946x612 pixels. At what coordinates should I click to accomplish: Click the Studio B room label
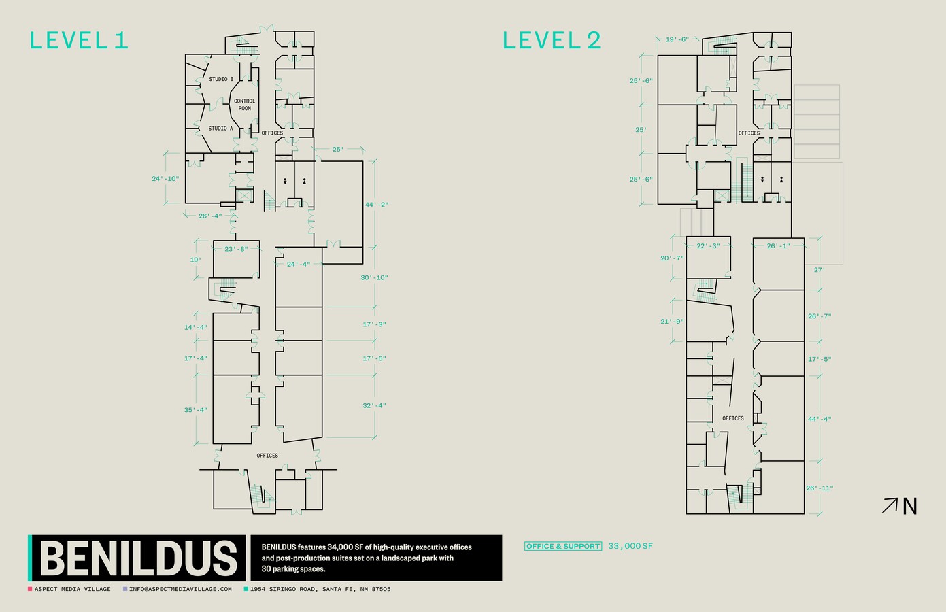tap(221, 79)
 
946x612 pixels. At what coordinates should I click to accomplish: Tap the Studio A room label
tap(220, 129)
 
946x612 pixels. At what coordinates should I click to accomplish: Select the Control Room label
tap(245, 105)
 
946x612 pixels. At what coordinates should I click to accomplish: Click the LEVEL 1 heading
tap(79, 41)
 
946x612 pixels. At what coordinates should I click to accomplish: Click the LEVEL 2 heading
tap(552, 41)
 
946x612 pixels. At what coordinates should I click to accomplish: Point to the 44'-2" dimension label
tap(377, 205)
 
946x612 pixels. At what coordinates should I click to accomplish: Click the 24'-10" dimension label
tap(165, 179)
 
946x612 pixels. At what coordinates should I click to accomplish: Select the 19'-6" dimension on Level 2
tap(677, 39)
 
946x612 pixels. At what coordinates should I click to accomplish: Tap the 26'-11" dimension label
tap(820, 488)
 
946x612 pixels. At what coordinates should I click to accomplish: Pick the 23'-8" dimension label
tap(236, 249)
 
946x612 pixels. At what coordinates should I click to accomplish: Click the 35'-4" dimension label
tap(196, 410)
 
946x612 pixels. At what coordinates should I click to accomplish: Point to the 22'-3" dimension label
tap(708, 245)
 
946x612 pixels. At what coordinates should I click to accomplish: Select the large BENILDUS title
tap(139, 558)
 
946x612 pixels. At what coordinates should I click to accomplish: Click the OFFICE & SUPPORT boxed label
tap(563, 546)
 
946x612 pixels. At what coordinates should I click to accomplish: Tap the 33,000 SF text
tap(630, 546)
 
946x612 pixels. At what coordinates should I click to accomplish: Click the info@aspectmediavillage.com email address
tap(180, 589)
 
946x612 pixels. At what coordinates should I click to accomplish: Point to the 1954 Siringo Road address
tap(320, 589)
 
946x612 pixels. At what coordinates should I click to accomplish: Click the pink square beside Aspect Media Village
tap(30, 589)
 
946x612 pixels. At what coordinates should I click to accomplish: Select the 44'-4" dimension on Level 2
tap(820, 419)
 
